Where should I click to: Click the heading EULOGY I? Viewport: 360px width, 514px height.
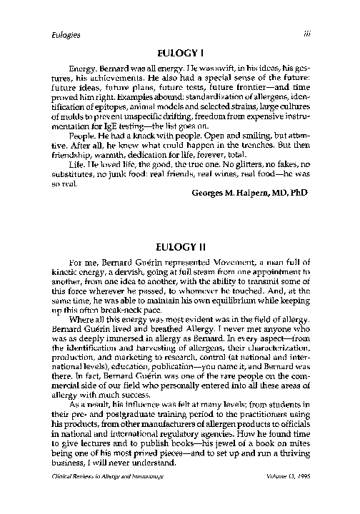(180, 52)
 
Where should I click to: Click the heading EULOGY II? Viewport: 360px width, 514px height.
(180, 246)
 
